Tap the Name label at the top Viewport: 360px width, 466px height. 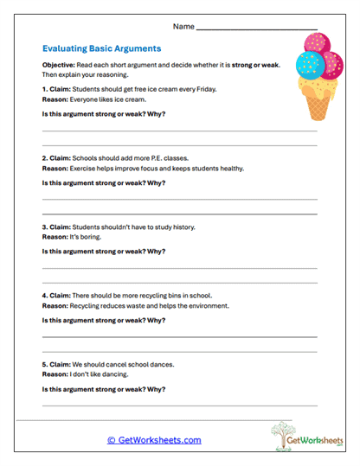pyautogui.click(x=183, y=27)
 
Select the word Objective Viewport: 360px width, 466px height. pyautogui.click(x=58, y=66)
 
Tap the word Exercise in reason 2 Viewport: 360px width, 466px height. pyautogui.click(x=82, y=169)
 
